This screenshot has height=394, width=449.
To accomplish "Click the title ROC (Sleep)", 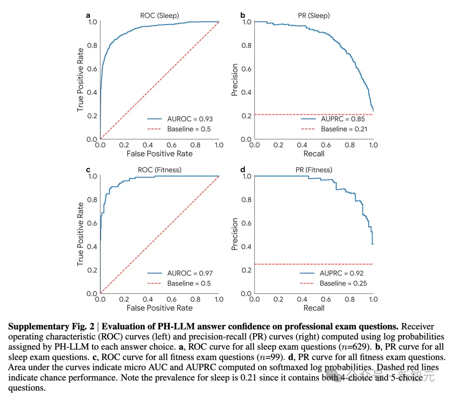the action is (x=160, y=15).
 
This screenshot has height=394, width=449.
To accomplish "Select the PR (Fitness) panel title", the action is (x=314, y=170).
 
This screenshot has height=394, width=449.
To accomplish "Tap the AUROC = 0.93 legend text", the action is (x=190, y=119).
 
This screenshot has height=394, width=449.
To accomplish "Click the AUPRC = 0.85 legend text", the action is (x=343, y=119).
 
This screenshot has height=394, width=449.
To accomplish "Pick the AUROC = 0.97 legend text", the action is (x=190, y=273).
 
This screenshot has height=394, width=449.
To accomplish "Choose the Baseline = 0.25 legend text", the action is (x=343, y=283).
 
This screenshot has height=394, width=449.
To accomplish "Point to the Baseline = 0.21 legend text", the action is (x=344, y=129).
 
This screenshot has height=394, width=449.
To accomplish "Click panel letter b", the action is (x=242, y=15).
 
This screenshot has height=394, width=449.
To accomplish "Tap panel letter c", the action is (x=88, y=170).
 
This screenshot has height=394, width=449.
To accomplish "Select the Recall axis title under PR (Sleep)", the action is (x=314, y=154).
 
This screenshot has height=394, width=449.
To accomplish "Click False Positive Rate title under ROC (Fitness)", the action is (x=160, y=308).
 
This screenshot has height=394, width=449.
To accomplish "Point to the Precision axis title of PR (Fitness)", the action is (x=235, y=234).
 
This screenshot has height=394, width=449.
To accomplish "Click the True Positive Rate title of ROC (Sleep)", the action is (x=81, y=80).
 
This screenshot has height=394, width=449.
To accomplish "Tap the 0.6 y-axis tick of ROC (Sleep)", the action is (x=92, y=69).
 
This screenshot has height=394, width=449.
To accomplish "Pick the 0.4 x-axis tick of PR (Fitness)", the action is (x=302, y=300).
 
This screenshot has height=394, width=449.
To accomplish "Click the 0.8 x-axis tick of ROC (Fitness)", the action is (x=195, y=300).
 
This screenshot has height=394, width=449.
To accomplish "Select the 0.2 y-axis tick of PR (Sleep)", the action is (x=246, y=116).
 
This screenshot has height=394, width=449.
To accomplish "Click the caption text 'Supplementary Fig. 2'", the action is (x=51, y=327).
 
